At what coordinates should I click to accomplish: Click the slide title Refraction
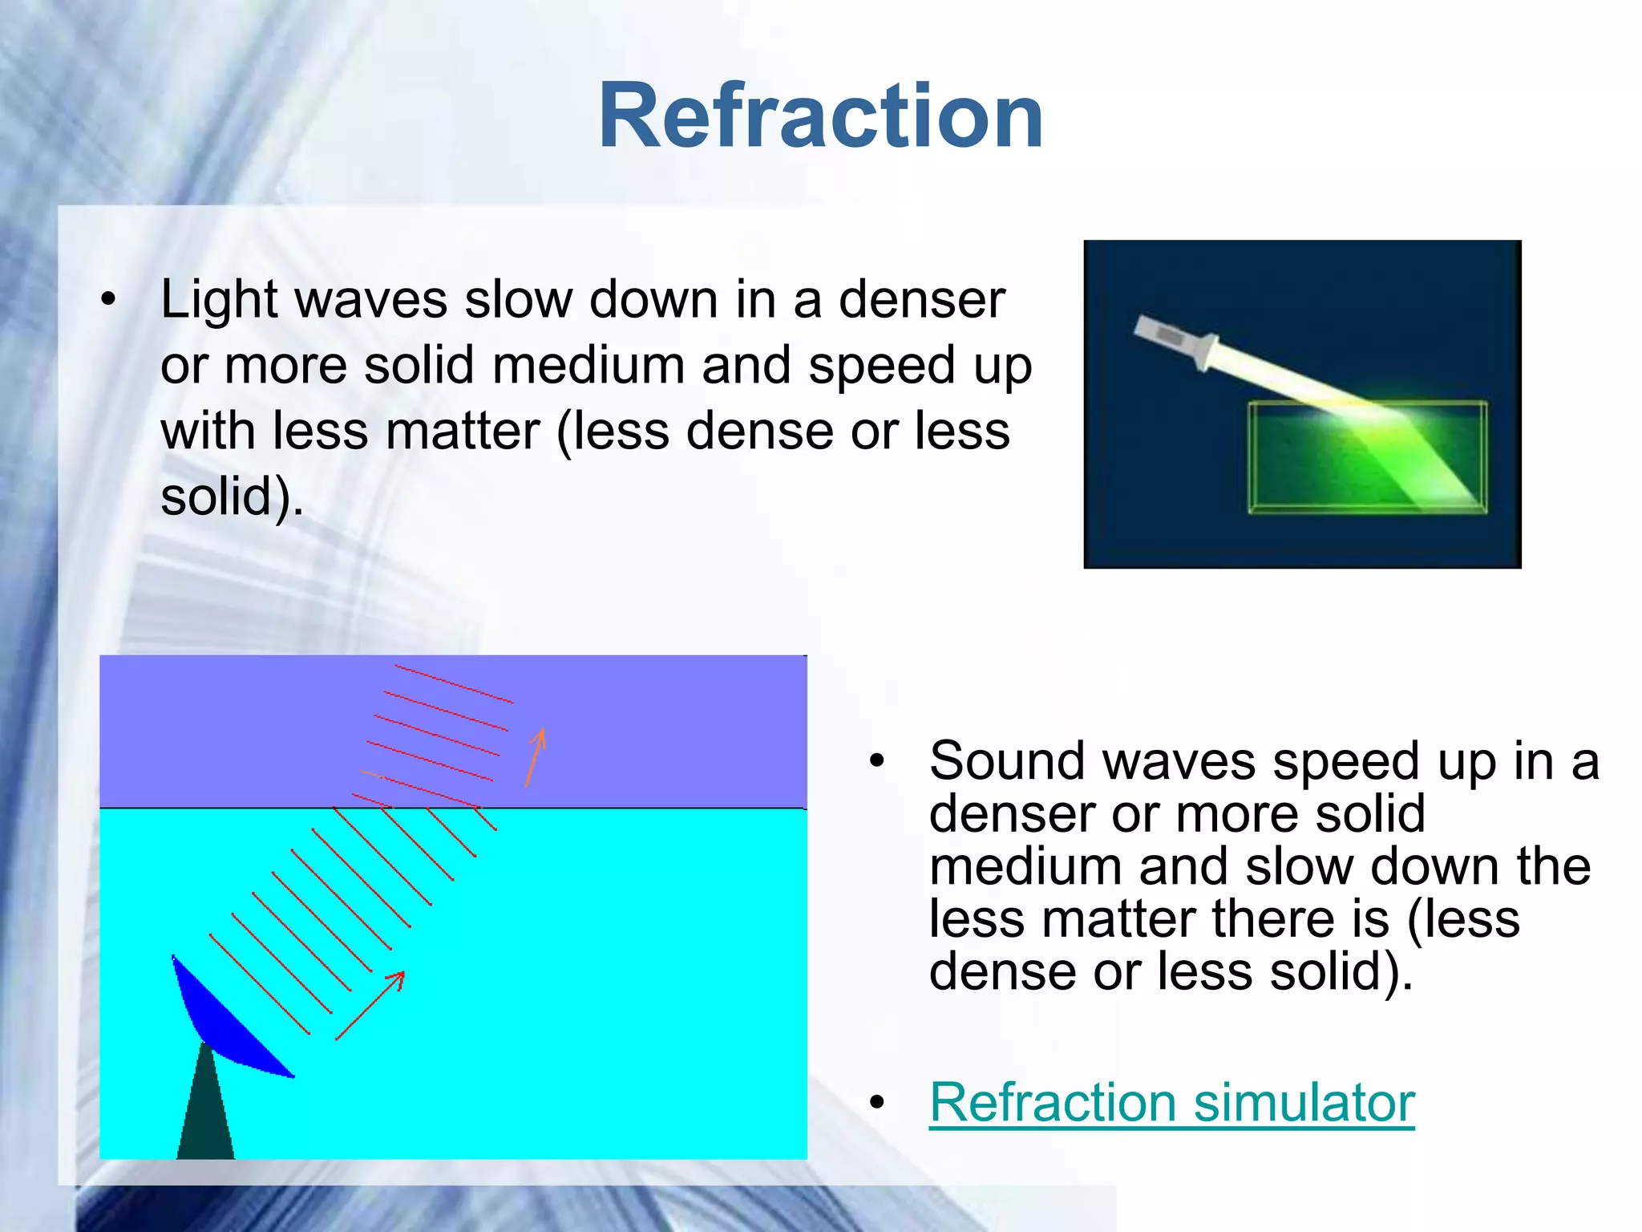coord(820,116)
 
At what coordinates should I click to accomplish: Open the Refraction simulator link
coord(1171,1102)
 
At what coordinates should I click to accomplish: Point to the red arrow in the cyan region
coord(370,1005)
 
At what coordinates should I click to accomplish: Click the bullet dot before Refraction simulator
coord(877,1103)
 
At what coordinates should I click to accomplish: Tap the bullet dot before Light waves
coord(108,300)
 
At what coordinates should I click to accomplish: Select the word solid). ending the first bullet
coord(232,497)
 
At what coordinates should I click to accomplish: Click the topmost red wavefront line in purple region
coord(454,684)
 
